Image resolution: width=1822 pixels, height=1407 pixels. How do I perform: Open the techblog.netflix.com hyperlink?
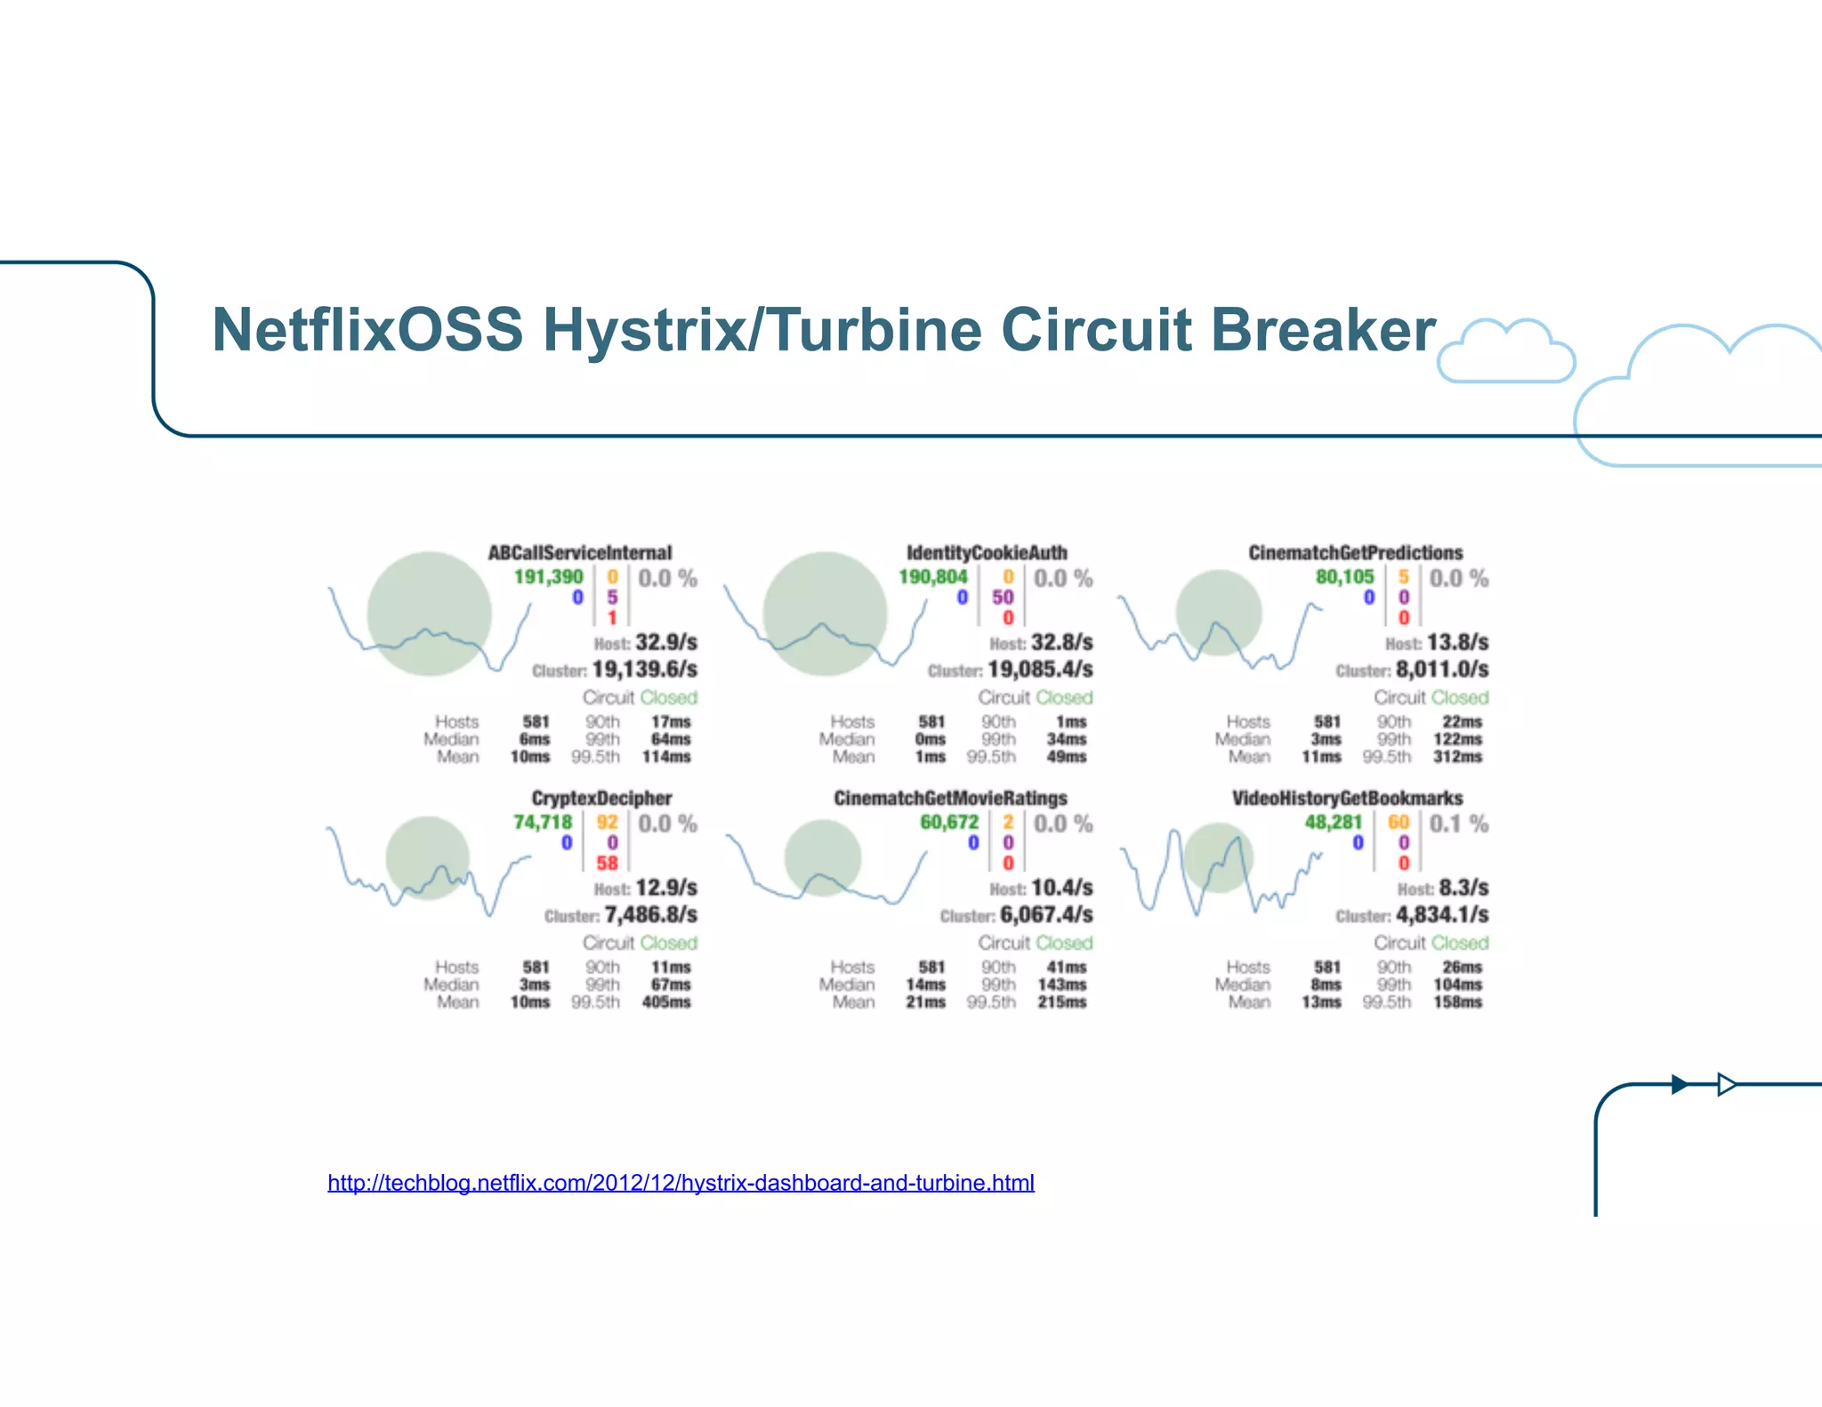[681, 1183]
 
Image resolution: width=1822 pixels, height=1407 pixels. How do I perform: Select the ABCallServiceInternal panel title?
[580, 552]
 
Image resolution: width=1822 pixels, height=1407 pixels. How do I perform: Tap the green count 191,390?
[548, 577]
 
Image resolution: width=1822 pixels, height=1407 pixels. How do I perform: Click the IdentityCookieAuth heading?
[987, 552]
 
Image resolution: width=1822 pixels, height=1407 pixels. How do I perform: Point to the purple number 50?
[1003, 598]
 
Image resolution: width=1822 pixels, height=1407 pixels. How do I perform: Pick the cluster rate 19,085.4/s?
[1040, 670]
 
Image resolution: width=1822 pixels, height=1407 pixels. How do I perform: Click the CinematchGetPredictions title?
[1355, 552]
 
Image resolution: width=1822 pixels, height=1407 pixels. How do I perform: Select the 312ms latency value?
[1457, 757]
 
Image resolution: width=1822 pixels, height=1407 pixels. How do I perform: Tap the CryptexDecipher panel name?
[601, 798]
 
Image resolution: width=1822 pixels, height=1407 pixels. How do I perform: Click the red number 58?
[607, 863]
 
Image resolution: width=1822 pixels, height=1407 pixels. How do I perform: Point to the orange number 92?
[607, 823]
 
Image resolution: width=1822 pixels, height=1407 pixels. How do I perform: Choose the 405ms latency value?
[666, 1002]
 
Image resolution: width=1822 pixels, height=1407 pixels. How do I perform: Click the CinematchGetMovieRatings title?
[950, 798]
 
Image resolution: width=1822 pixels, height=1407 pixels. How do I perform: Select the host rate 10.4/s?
[1061, 888]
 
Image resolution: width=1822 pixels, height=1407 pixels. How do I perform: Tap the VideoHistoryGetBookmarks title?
[1347, 798]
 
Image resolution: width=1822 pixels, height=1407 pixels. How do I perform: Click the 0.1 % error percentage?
[1458, 824]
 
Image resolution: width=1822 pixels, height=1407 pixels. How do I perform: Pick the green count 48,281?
[1333, 823]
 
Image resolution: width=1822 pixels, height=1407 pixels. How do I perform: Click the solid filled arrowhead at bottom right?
[1680, 1084]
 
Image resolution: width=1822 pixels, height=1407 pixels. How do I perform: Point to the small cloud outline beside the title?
[1505, 352]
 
